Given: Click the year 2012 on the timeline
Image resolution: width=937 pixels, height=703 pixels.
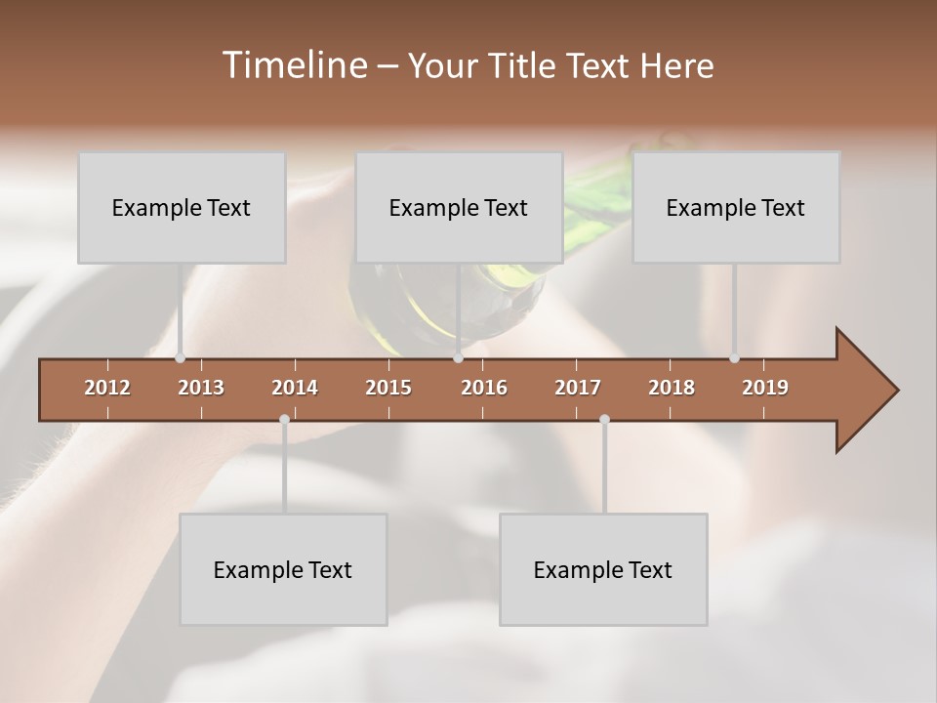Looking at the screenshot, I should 107,388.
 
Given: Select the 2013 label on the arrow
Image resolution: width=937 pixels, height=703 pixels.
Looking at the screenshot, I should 201,388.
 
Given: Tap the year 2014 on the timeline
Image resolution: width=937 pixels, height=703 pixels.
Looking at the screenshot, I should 295,388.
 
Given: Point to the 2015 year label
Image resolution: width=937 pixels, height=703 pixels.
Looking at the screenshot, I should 388,388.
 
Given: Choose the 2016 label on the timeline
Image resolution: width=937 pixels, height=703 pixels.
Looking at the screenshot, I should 484,388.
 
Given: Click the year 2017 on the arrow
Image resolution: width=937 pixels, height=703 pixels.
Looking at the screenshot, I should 578,388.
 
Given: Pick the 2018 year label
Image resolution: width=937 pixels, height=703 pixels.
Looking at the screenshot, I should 672,388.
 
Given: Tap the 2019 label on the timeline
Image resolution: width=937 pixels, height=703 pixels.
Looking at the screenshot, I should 765,388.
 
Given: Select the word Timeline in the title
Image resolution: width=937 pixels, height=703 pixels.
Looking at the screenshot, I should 294,65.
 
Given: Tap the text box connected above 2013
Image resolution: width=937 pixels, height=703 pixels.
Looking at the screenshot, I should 182,207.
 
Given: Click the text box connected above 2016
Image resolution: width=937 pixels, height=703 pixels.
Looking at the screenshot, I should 459,207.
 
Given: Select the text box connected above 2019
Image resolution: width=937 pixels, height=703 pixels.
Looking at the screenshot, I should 736,207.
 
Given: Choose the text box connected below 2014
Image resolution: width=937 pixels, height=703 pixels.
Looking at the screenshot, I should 283,569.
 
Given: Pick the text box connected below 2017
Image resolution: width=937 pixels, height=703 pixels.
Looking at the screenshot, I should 603,569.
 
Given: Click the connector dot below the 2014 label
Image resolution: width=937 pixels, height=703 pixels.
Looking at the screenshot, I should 284,419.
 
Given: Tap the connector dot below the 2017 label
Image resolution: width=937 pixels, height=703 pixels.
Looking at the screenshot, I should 604,419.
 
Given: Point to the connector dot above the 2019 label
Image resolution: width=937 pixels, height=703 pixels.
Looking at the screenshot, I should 735,358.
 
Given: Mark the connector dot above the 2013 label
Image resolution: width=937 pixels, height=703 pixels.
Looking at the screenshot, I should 181,358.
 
